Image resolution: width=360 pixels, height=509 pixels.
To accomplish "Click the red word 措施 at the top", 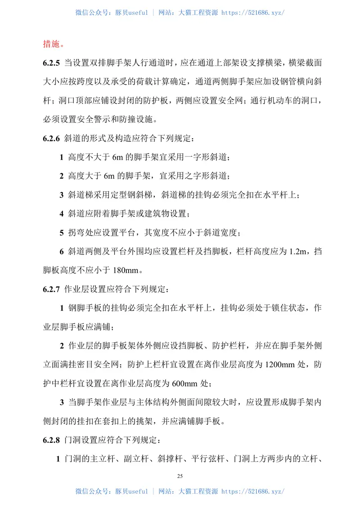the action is point(53,44).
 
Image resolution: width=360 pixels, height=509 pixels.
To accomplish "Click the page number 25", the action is point(180,476).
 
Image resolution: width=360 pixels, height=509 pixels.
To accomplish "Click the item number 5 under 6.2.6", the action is point(62,233).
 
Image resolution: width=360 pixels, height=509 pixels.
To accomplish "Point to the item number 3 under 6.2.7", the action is point(62,402).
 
